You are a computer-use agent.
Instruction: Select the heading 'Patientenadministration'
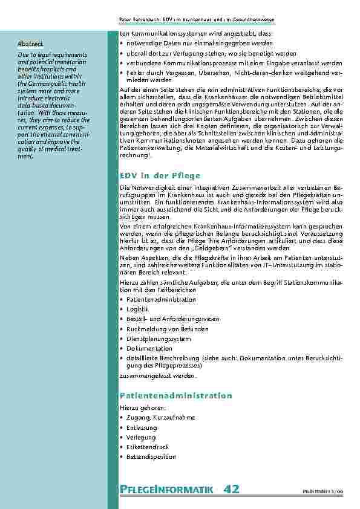(x=175, y=395)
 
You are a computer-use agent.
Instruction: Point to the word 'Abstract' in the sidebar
(x=30, y=44)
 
